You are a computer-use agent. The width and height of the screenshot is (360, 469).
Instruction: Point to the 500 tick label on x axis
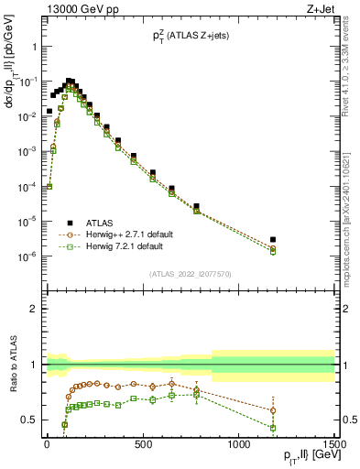tap(143, 446)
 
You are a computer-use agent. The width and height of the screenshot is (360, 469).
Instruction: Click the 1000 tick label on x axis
tap(238, 446)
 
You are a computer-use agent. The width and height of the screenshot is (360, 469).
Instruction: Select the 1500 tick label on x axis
tap(334, 446)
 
